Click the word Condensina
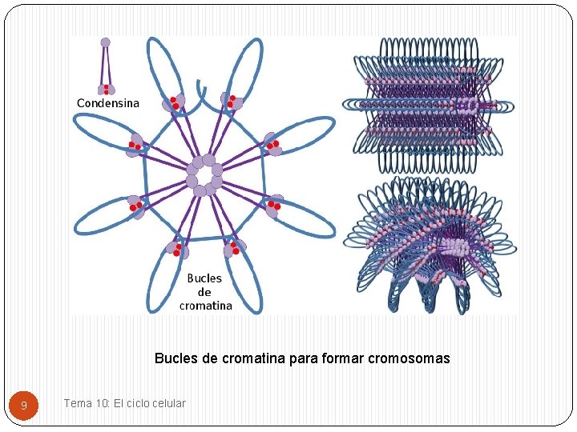pos(107,103)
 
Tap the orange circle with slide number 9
pos(24,406)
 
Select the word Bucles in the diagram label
pos(204,278)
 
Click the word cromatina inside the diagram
pos(206,306)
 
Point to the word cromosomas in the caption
pos(410,358)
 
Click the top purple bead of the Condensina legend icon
pos(106,42)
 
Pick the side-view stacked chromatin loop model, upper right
pos(428,105)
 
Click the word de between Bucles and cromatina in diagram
pos(204,292)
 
